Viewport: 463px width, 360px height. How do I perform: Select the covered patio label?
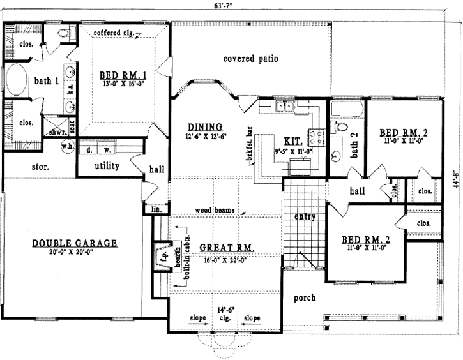tap(250, 59)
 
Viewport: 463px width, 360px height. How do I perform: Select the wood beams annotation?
tap(213, 210)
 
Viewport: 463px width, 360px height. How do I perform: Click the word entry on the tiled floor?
tap(305, 216)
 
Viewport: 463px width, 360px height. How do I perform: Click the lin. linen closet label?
tap(155, 209)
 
